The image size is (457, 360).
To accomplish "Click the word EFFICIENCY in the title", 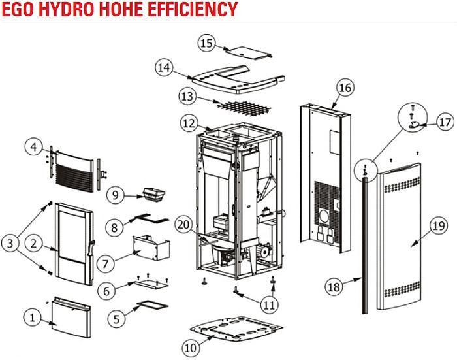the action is point(193,9).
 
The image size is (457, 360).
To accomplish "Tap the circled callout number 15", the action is point(207,43).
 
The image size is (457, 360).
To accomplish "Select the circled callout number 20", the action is point(183,225).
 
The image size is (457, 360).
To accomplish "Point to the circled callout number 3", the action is point(10,243).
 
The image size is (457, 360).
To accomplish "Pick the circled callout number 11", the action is point(269,305).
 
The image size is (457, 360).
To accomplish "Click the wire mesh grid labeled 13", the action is point(244,108).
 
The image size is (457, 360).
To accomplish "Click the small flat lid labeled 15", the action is point(248,53).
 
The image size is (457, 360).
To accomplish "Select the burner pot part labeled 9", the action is point(153,195).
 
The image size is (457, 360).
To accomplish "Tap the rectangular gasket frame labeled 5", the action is point(152,305).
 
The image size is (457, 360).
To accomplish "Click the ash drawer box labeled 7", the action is point(151,248).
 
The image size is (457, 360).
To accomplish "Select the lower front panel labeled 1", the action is point(71,318).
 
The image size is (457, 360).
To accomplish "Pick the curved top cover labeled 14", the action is point(238,79).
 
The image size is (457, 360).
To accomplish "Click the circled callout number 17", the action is point(445,122).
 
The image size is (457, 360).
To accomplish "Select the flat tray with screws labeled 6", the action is point(151,283).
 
